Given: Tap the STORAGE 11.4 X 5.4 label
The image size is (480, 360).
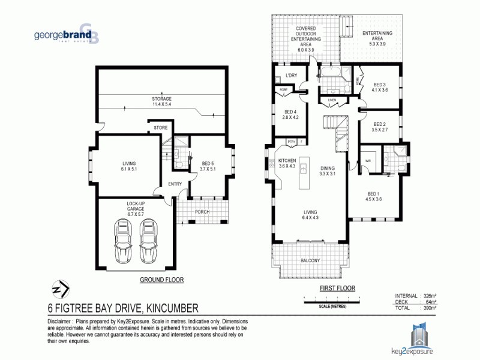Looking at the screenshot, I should point(161,101).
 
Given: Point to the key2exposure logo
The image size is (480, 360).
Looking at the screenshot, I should point(419,339).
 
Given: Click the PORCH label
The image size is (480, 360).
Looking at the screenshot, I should point(203,212).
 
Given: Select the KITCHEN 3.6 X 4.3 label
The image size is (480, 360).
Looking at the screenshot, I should point(287,163).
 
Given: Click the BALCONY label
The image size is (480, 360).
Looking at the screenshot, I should point(310,260).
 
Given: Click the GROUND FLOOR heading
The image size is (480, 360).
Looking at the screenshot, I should point(161,280).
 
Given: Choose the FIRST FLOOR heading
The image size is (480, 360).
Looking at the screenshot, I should point(338,288).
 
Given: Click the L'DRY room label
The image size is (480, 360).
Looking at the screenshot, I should point(291,75).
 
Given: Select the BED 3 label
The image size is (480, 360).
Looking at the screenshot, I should point(380,87).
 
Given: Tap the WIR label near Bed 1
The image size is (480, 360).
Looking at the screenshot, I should point(368,160).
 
